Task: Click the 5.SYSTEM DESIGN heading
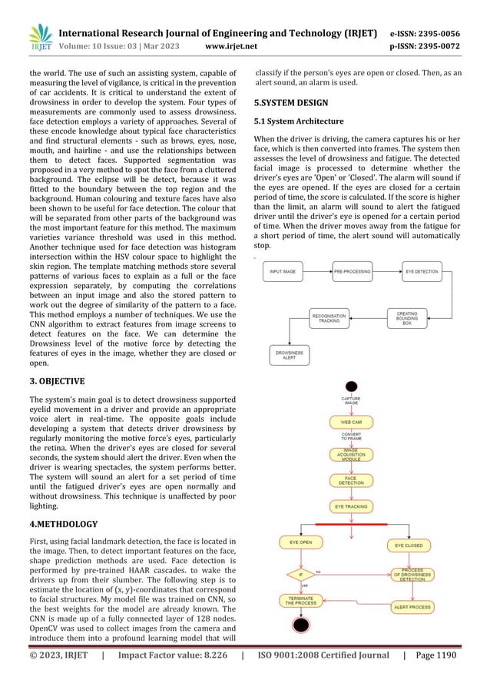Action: [x=291, y=102]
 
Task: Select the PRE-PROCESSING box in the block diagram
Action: [x=354, y=271]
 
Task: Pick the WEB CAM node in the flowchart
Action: [x=352, y=422]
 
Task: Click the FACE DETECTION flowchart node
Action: [x=352, y=481]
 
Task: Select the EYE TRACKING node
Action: [x=352, y=507]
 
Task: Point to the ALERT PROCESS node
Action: [x=412, y=607]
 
